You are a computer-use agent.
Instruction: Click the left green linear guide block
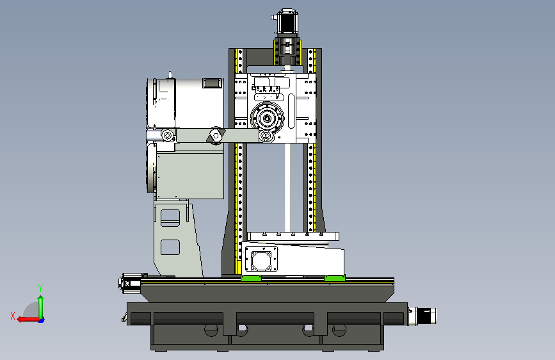click(x=251, y=278)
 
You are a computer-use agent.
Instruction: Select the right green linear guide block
click(x=335, y=278)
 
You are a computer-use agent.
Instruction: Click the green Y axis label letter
click(x=40, y=288)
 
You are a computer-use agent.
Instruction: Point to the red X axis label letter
click(x=13, y=316)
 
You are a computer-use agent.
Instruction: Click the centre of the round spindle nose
click(x=267, y=118)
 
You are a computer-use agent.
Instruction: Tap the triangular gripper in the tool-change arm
click(x=216, y=135)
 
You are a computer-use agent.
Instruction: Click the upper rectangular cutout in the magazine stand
click(x=170, y=218)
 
